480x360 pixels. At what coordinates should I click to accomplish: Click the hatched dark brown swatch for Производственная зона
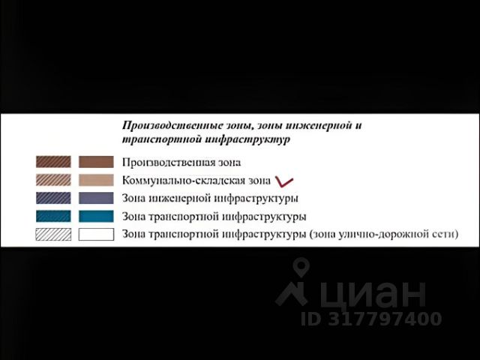(53, 162)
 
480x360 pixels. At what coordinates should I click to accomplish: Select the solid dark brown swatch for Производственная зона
(96, 162)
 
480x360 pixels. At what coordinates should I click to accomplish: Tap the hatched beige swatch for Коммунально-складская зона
(53, 180)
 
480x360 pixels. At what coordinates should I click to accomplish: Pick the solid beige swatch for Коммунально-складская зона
(96, 180)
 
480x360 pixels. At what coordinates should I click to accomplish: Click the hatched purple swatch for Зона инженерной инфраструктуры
(53, 198)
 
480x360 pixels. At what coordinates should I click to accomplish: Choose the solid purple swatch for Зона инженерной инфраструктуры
(96, 198)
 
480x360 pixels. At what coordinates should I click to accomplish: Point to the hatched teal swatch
(53, 216)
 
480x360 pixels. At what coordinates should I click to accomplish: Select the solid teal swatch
(96, 216)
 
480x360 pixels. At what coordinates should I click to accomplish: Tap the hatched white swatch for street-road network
(53, 235)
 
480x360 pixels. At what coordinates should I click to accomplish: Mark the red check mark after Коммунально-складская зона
(284, 181)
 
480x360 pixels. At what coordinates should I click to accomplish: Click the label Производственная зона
(181, 162)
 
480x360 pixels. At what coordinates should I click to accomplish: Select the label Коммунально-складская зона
(196, 181)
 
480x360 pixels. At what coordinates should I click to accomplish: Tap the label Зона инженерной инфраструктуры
(210, 199)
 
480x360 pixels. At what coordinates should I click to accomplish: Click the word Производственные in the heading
(172, 126)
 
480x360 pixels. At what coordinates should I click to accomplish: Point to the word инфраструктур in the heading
(247, 139)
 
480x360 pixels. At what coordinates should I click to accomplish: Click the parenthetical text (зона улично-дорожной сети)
(384, 235)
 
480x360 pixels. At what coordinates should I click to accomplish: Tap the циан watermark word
(373, 293)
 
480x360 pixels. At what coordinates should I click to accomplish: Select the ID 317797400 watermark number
(371, 318)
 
